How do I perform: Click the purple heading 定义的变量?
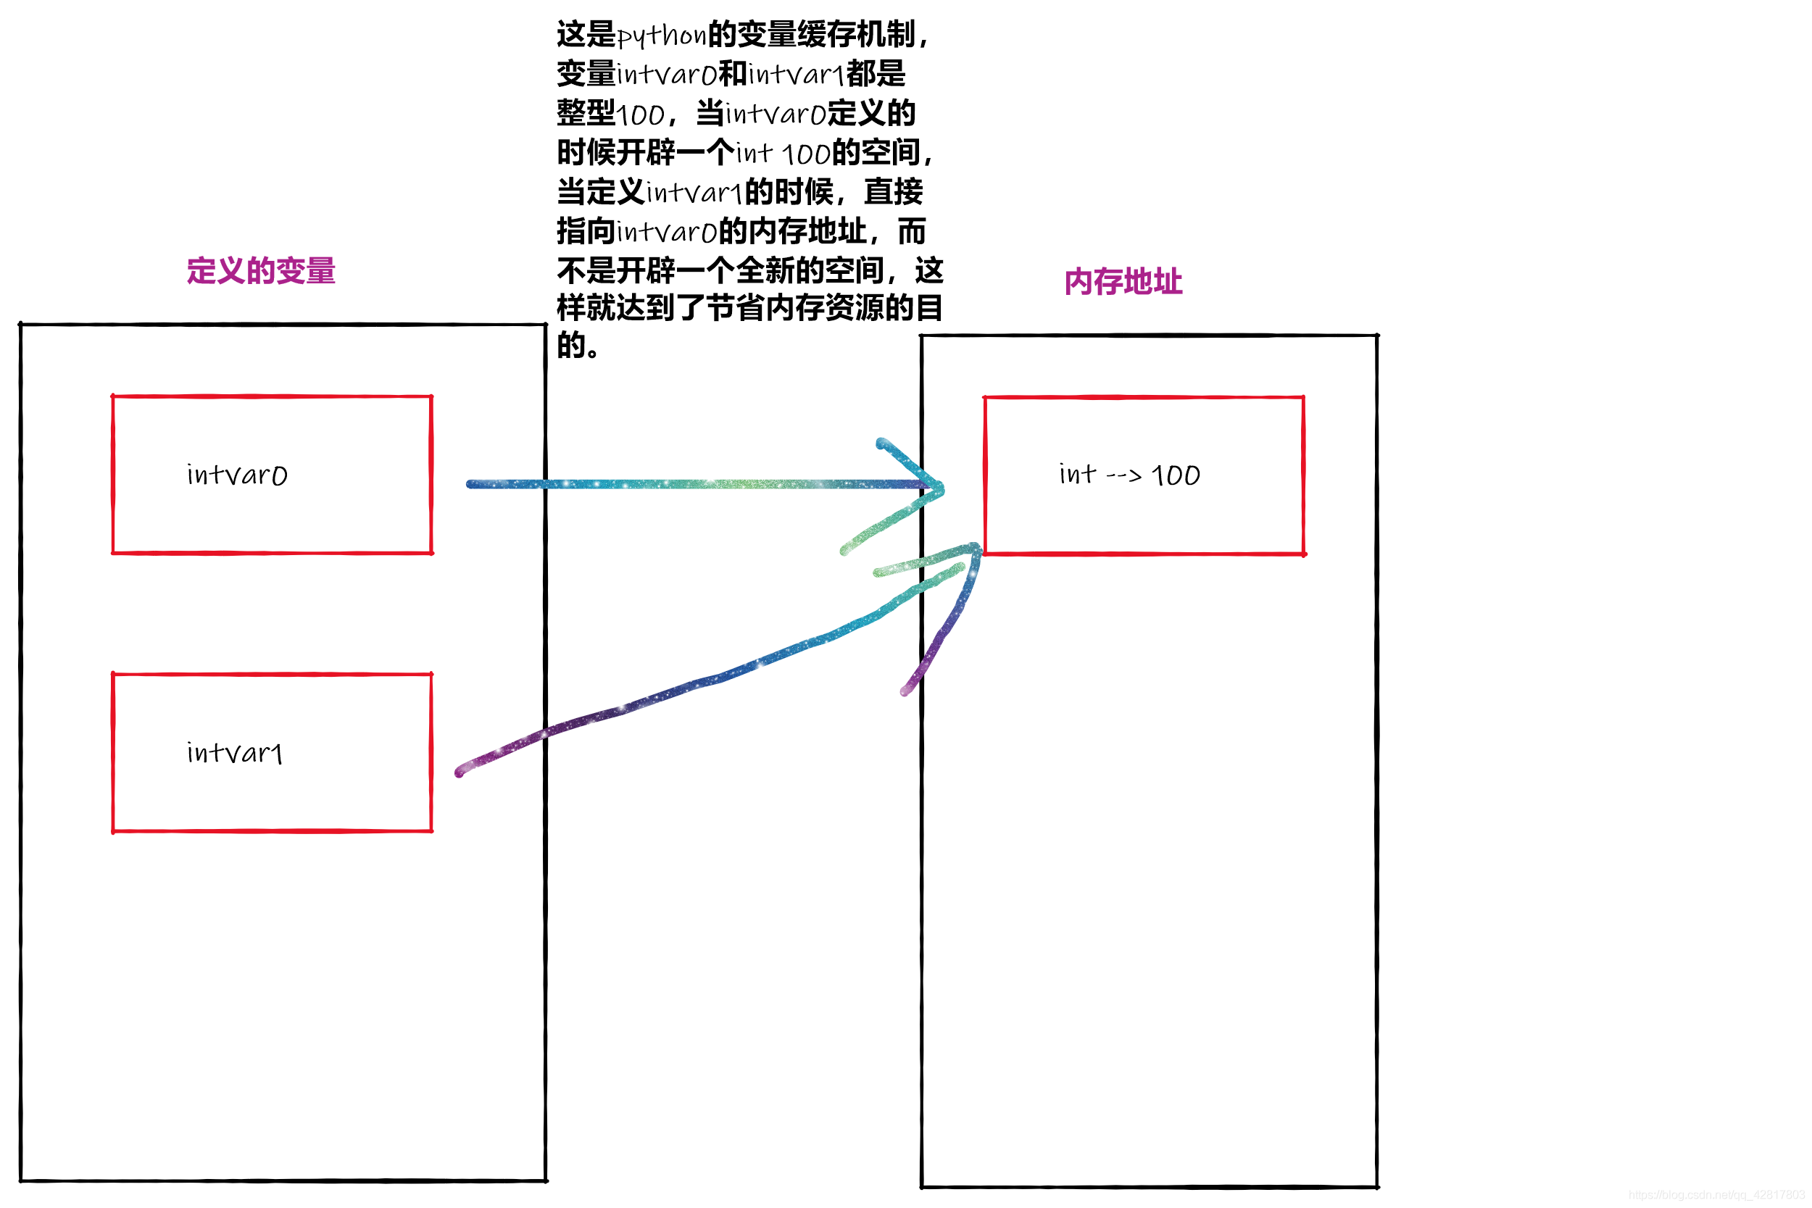pyautogui.click(x=260, y=271)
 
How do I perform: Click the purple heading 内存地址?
pyautogui.click(x=1123, y=282)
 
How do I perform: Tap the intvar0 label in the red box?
pyautogui.click(x=237, y=475)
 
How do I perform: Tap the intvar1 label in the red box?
pyautogui.click(x=234, y=753)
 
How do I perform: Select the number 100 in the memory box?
pyautogui.click(x=1176, y=475)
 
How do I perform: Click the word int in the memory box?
pyautogui.click(x=1076, y=474)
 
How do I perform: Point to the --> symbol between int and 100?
pyautogui.click(x=1123, y=476)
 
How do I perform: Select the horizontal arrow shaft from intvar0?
pyautogui.click(x=694, y=485)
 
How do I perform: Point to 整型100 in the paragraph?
pyautogui.click(x=610, y=114)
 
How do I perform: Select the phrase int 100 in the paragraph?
pyautogui.click(x=783, y=154)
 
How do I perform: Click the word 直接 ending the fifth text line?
pyautogui.click(x=893, y=192)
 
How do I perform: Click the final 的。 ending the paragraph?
pyautogui.click(x=577, y=345)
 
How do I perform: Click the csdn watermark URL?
pyautogui.click(x=1719, y=1195)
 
